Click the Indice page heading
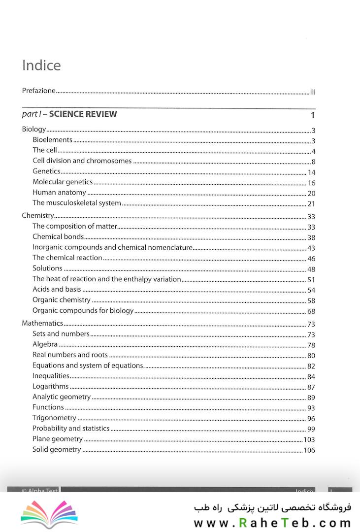click(42, 66)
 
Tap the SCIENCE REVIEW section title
click(83, 114)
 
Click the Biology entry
click(34, 130)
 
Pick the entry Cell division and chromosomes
click(82, 161)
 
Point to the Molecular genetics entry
click(63, 182)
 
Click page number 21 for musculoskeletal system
click(311, 204)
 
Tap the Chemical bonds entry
click(58, 237)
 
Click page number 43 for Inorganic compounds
click(311, 248)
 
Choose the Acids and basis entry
click(57, 289)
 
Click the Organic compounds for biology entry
click(83, 310)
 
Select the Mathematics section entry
click(42, 323)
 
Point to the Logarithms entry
click(50, 386)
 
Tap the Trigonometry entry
click(54, 418)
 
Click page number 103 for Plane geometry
click(309, 439)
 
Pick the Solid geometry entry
click(57, 449)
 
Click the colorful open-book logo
click(49, 514)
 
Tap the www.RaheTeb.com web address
click(272, 523)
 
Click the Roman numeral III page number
click(312, 92)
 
